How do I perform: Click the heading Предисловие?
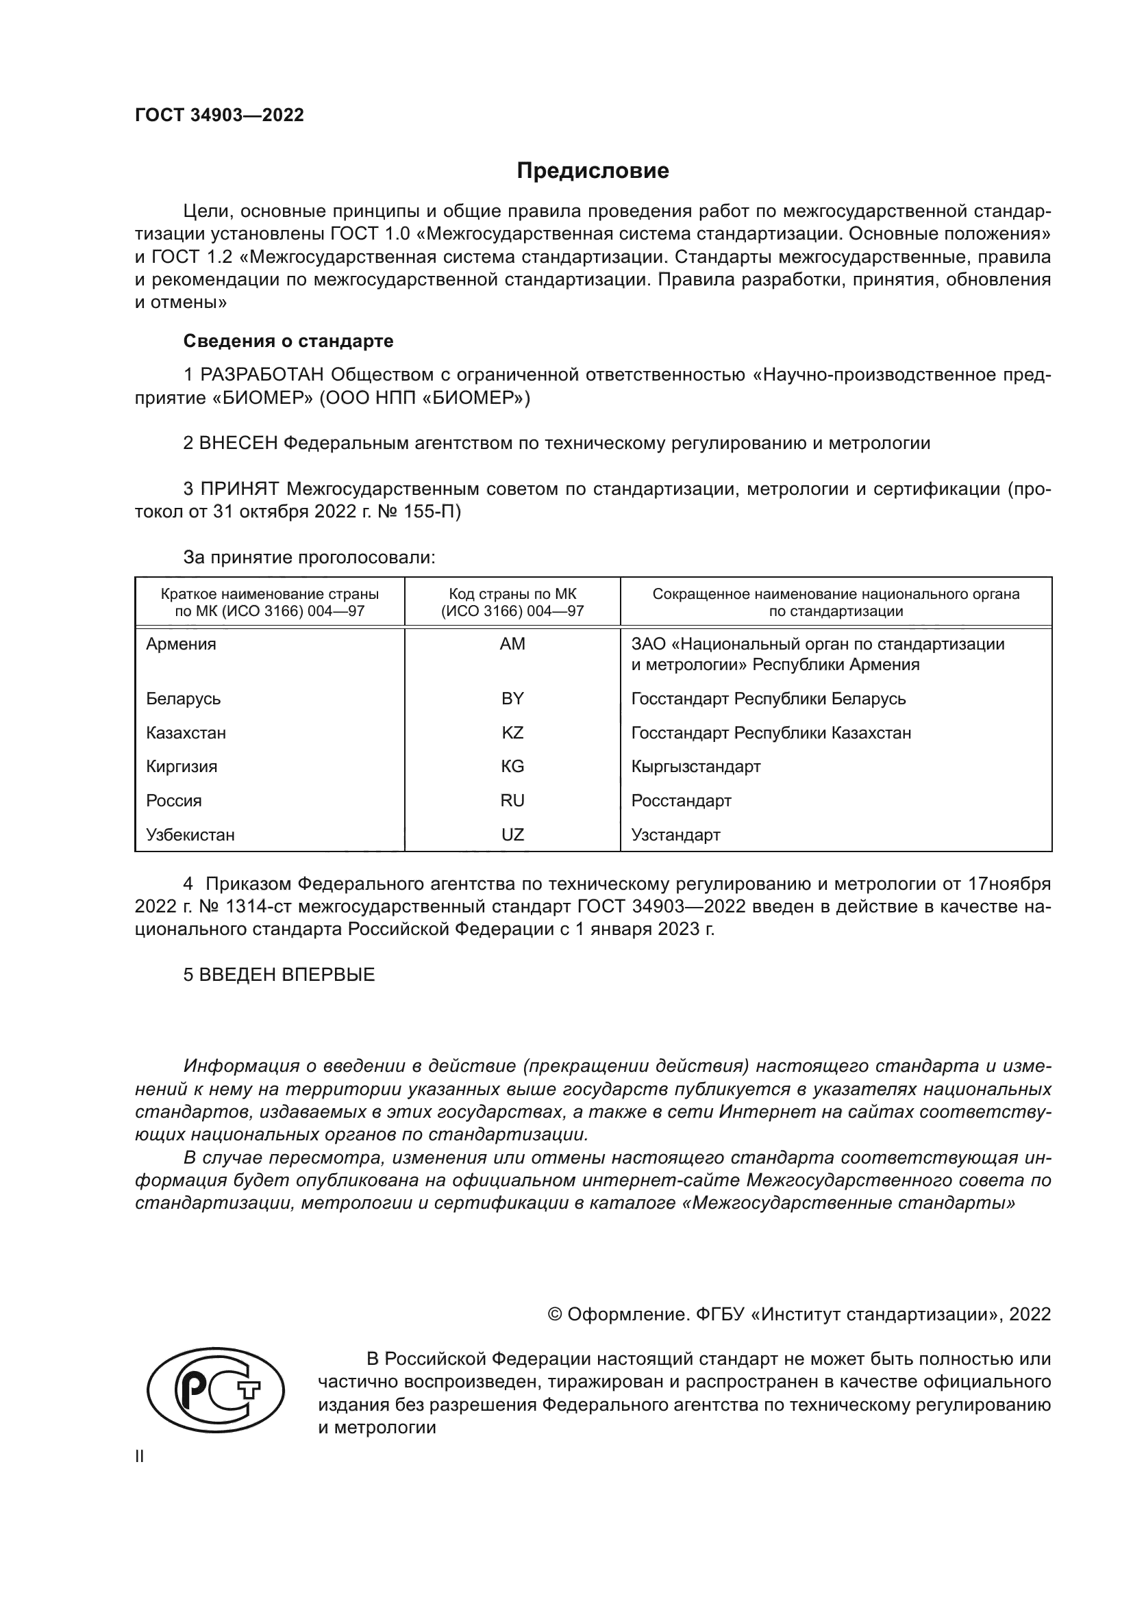point(593,171)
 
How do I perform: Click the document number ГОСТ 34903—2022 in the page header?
point(219,115)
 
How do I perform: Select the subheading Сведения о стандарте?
point(288,341)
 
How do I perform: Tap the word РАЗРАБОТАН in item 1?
point(262,375)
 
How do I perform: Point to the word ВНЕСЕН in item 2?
point(238,444)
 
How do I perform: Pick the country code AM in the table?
point(512,644)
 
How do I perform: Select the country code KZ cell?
point(512,733)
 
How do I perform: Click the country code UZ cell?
point(512,834)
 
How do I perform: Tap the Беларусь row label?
point(184,699)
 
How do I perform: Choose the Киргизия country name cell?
point(182,767)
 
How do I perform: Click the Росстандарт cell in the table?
point(681,801)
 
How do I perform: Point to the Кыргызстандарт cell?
point(695,767)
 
